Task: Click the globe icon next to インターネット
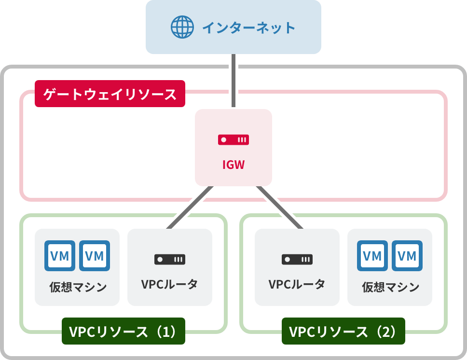(182, 27)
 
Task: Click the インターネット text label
(248, 28)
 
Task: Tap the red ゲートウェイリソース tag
(110, 94)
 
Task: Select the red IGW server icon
(233, 140)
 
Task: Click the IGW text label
(233, 165)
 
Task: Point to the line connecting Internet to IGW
(233, 81)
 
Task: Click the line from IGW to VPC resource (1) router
(189, 208)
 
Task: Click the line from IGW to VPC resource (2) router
(279, 208)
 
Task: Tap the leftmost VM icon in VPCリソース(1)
(60, 256)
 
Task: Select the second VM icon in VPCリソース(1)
(95, 256)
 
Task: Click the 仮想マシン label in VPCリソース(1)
(77, 287)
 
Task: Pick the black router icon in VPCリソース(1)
(170, 259)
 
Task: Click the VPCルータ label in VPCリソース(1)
(170, 284)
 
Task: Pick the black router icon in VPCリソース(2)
(297, 259)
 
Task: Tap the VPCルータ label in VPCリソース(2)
(297, 284)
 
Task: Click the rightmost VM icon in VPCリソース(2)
(407, 256)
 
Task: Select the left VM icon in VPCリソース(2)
(372, 256)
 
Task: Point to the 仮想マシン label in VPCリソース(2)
(390, 287)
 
